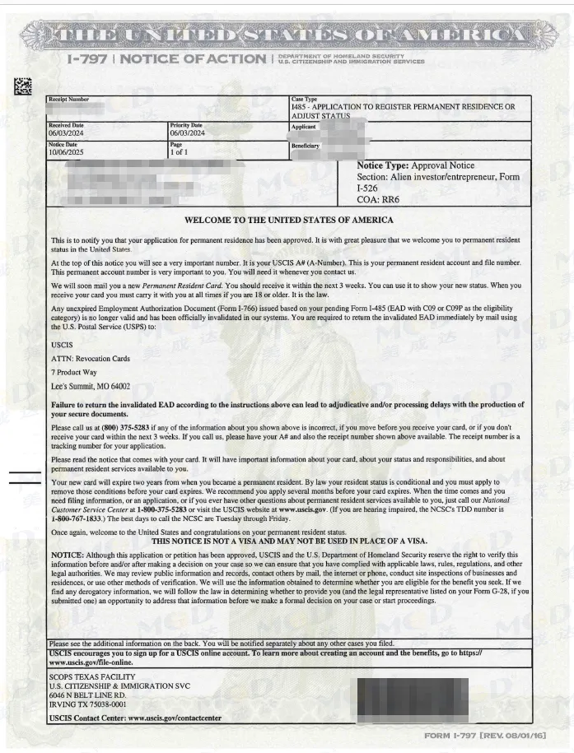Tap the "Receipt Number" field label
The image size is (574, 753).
click(x=68, y=99)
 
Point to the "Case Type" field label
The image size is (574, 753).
click(x=304, y=99)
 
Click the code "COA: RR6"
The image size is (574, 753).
click(x=379, y=199)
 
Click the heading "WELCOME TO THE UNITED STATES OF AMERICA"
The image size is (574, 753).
click(x=288, y=221)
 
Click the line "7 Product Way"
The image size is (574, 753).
click(x=74, y=372)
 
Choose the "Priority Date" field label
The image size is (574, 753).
click(x=188, y=125)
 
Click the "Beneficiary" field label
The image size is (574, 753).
click(x=306, y=146)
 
